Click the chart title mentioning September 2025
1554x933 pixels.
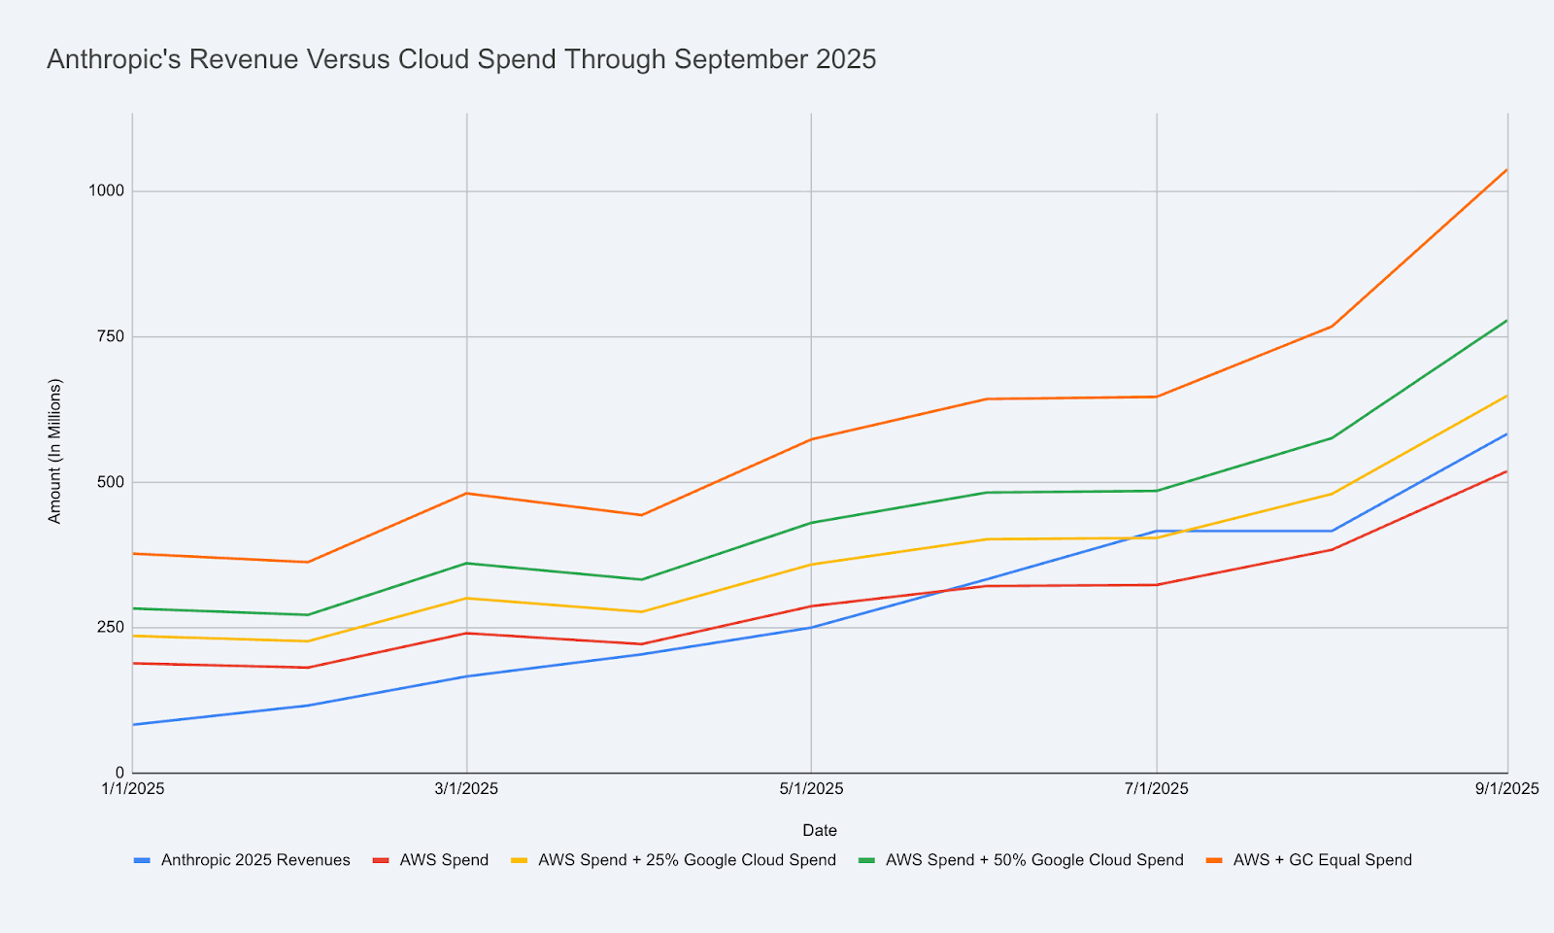(x=461, y=60)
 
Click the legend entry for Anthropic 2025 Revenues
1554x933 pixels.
(x=254, y=860)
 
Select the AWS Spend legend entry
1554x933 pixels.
(x=444, y=860)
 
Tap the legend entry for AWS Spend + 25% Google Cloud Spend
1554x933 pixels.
(x=686, y=860)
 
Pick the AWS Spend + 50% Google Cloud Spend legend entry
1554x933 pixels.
(x=1033, y=860)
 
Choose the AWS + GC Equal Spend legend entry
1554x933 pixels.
(x=1322, y=860)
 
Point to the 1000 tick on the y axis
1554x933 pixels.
(x=107, y=191)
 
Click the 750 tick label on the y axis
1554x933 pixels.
(x=111, y=337)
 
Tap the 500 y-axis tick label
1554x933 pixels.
(x=111, y=482)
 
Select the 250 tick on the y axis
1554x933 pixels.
(x=111, y=628)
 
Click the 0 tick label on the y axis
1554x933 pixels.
(x=120, y=773)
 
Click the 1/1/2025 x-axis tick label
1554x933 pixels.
(x=133, y=789)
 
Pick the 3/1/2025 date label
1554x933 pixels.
(x=467, y=789)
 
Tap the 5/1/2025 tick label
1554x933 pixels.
(x=811, y=789)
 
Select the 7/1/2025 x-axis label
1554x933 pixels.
(x=1156, y=789)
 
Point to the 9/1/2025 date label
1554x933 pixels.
(x=1506, y=789)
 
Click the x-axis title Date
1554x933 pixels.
(x=820, y=831)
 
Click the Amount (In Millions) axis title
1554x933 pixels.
(x=55, y=451)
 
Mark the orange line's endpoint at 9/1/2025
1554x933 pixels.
(x=1506, y=170)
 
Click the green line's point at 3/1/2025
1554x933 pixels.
(x=467, y=563)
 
